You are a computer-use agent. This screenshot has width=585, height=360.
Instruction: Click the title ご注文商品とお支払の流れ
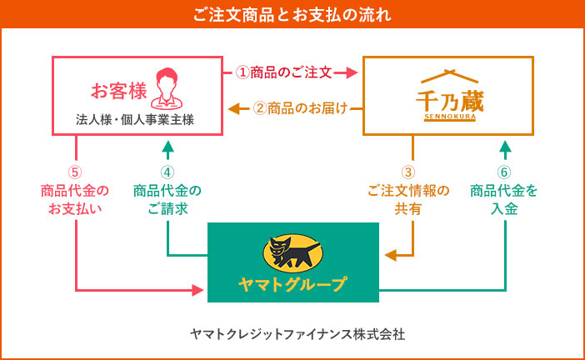[x=292, y=15]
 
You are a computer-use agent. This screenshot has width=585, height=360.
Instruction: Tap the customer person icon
[x=167, y=88]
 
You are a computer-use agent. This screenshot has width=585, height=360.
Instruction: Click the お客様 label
[x=119, y=91]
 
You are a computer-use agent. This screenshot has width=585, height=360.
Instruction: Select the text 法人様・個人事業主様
[x=135, y=120]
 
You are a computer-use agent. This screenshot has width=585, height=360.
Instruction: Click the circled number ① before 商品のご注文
[x=242, y=72]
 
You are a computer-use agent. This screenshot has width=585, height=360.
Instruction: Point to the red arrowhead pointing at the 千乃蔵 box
[x=352, y=72]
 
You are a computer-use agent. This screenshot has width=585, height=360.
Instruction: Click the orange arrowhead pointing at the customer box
[x=234, y=109]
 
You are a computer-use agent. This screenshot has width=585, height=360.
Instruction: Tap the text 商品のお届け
[x=307, y=108]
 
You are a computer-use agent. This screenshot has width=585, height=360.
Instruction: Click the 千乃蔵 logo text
[x=450, y=101]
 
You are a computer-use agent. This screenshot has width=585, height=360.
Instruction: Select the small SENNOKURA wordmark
[x=450, y=117]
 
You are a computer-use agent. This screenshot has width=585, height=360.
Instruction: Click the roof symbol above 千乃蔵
[x=449, y=76]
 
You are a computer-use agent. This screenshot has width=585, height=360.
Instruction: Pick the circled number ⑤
[x=75, y=172]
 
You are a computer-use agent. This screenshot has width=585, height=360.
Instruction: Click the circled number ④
[x=167, y=172]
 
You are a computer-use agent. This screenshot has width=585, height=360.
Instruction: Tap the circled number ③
[x=408, y=172]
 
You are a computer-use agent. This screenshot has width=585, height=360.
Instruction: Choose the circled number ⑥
[x=504, y=172]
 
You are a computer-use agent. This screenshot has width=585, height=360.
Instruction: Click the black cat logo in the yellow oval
[x=292, y=253]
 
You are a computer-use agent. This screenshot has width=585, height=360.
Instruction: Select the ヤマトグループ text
[x=292, y=285]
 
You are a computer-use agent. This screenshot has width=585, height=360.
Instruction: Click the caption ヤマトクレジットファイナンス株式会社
[x=297, y=334]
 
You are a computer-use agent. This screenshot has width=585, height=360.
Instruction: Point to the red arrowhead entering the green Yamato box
[x=197, y=290]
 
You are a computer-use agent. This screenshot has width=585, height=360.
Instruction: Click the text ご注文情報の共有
[x=408, y=200]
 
